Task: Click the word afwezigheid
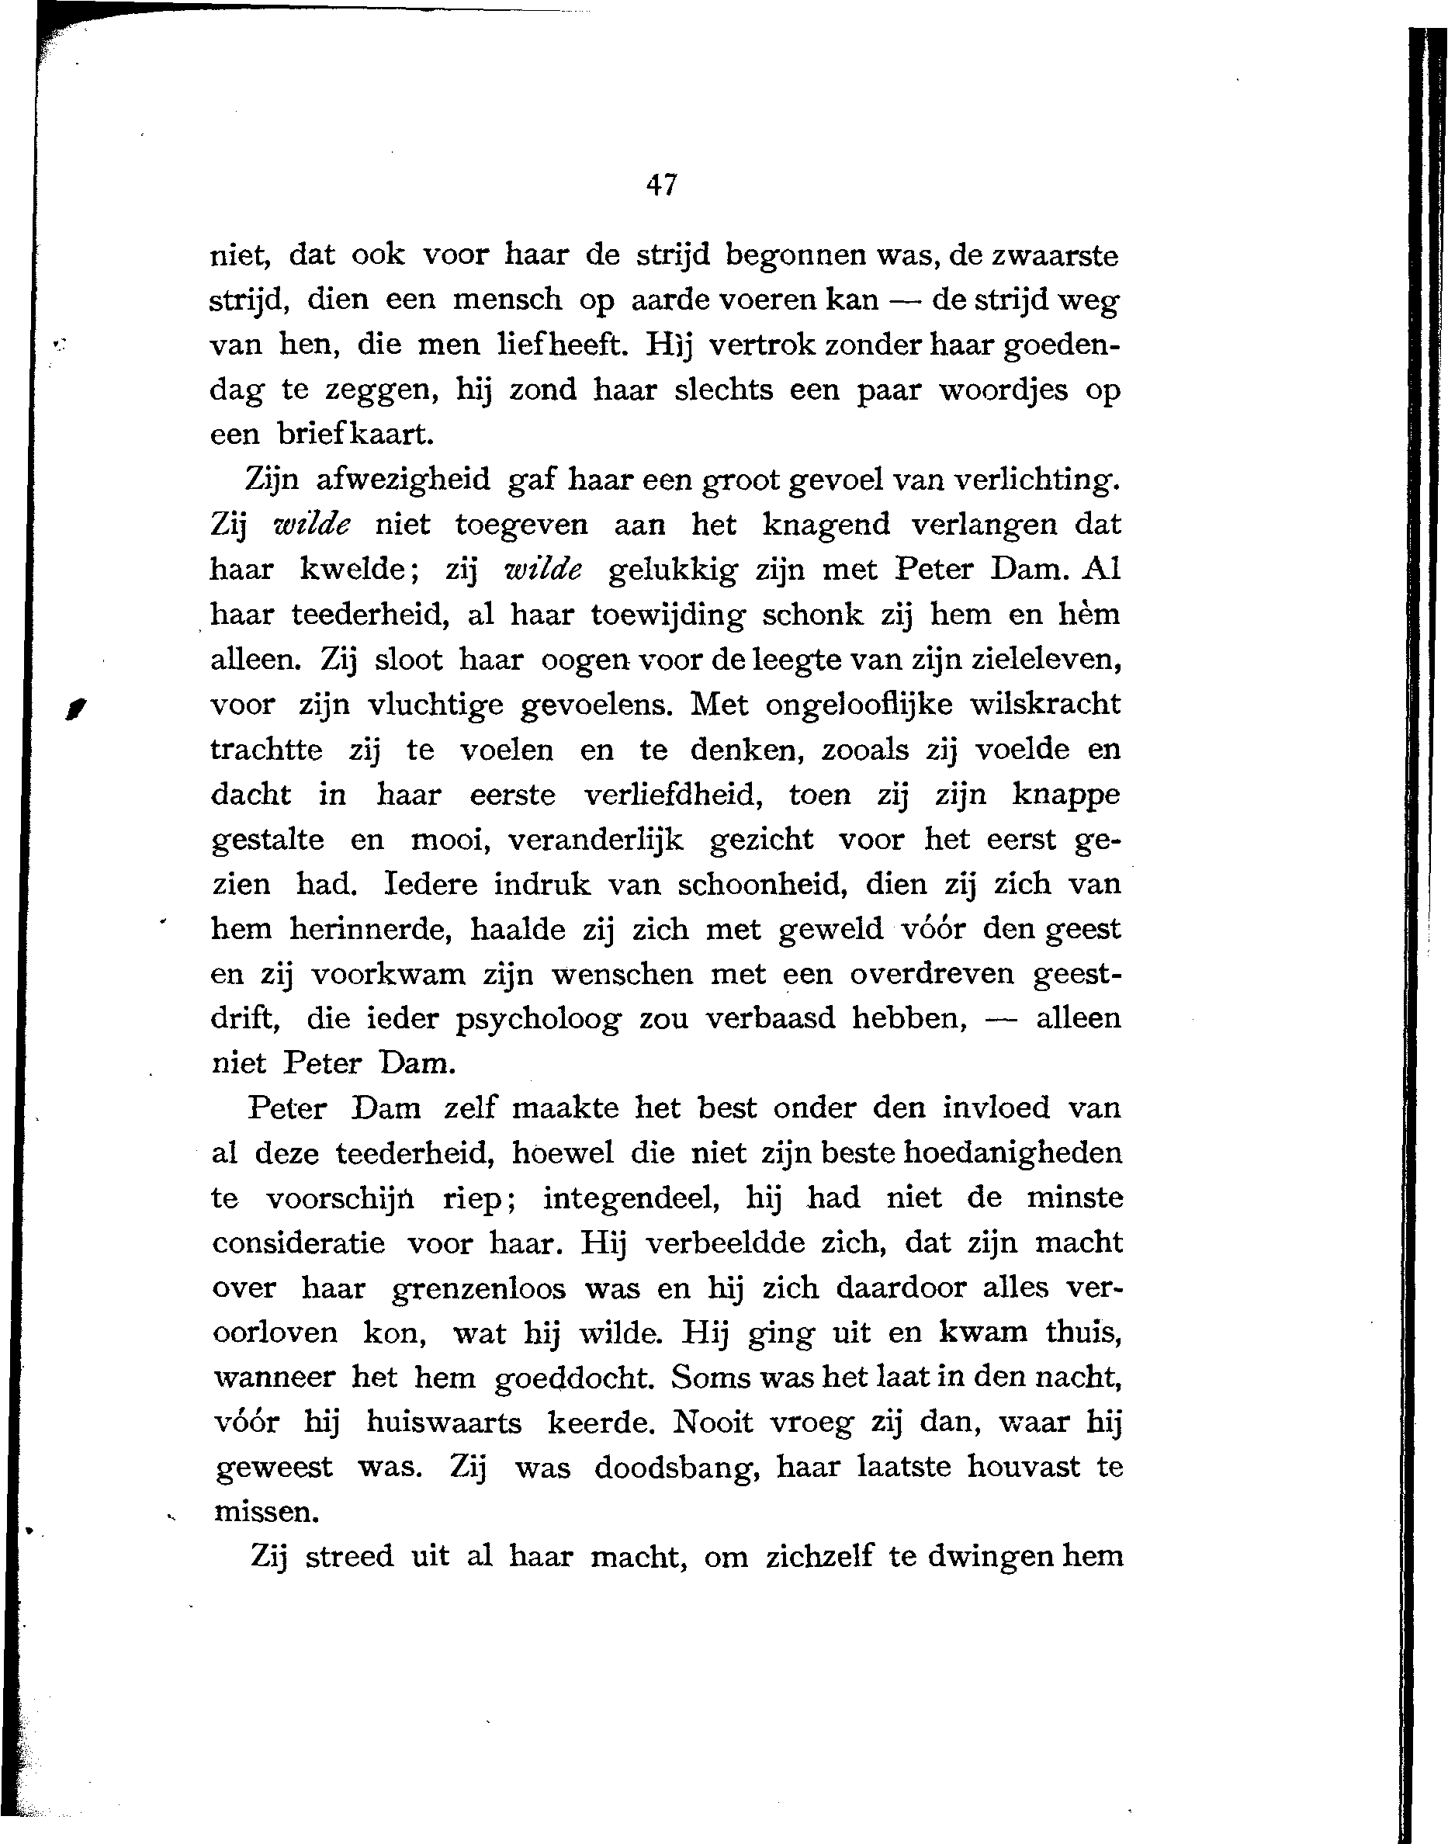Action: coord(403,480)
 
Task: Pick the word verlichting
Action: coord(1037,480)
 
